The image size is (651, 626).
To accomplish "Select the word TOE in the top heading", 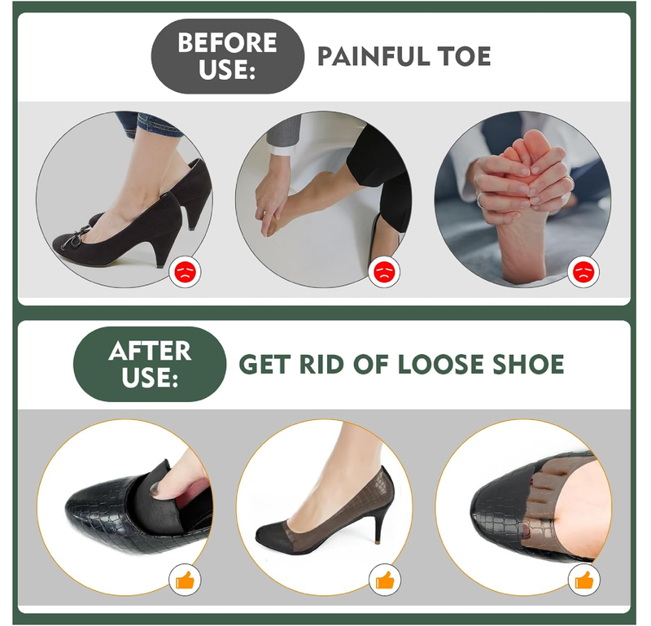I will pos(465,57).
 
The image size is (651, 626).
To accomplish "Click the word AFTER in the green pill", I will pos(150,351).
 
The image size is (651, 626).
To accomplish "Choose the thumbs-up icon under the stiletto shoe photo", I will pos(382,580).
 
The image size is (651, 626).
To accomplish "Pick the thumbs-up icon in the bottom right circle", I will pos(583,580).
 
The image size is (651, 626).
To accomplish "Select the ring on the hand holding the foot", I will pos(482,199).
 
